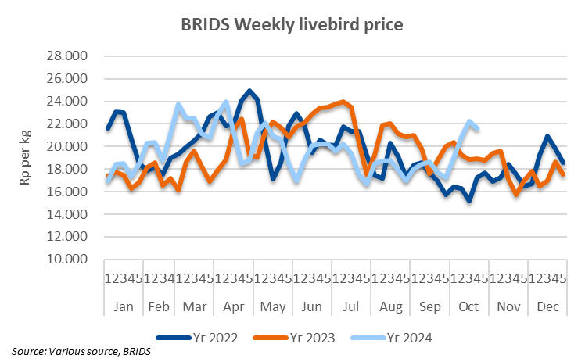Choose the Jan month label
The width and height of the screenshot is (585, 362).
124,308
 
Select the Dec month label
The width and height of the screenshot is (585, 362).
547,308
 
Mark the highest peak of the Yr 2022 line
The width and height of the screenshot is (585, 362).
249,91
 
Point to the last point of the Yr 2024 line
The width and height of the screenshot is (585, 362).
478,128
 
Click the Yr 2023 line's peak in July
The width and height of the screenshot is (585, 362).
343,102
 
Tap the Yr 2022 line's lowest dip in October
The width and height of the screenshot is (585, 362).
469,201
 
